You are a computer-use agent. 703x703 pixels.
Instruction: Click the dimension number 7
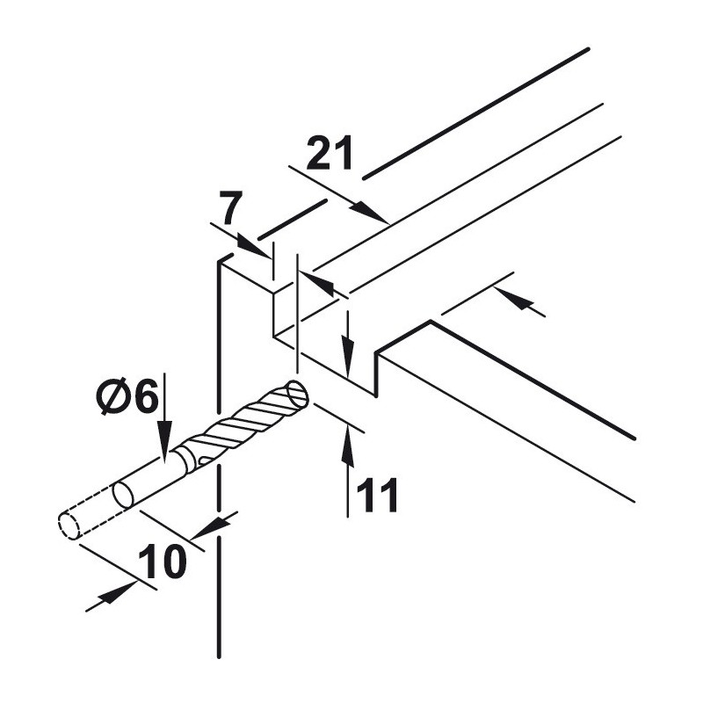[x=231, y=207]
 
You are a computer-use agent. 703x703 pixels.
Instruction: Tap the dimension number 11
[x=377, y=495]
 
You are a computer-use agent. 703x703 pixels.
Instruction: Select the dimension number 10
[x=162, y=562]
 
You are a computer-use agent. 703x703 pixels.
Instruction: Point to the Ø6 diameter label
[x=127, y=396]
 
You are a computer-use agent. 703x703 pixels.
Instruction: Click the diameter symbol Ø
[x=112, y=396]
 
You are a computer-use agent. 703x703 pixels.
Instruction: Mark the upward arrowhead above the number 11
[x=347, y=447]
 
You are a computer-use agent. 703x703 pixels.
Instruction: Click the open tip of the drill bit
[x=297, y=393]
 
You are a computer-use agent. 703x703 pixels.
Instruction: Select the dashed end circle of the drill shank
[x=69, y=525]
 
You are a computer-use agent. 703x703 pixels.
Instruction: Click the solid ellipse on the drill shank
[x=124, y=495]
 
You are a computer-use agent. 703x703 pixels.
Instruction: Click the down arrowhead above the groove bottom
[x=347, y=356]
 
